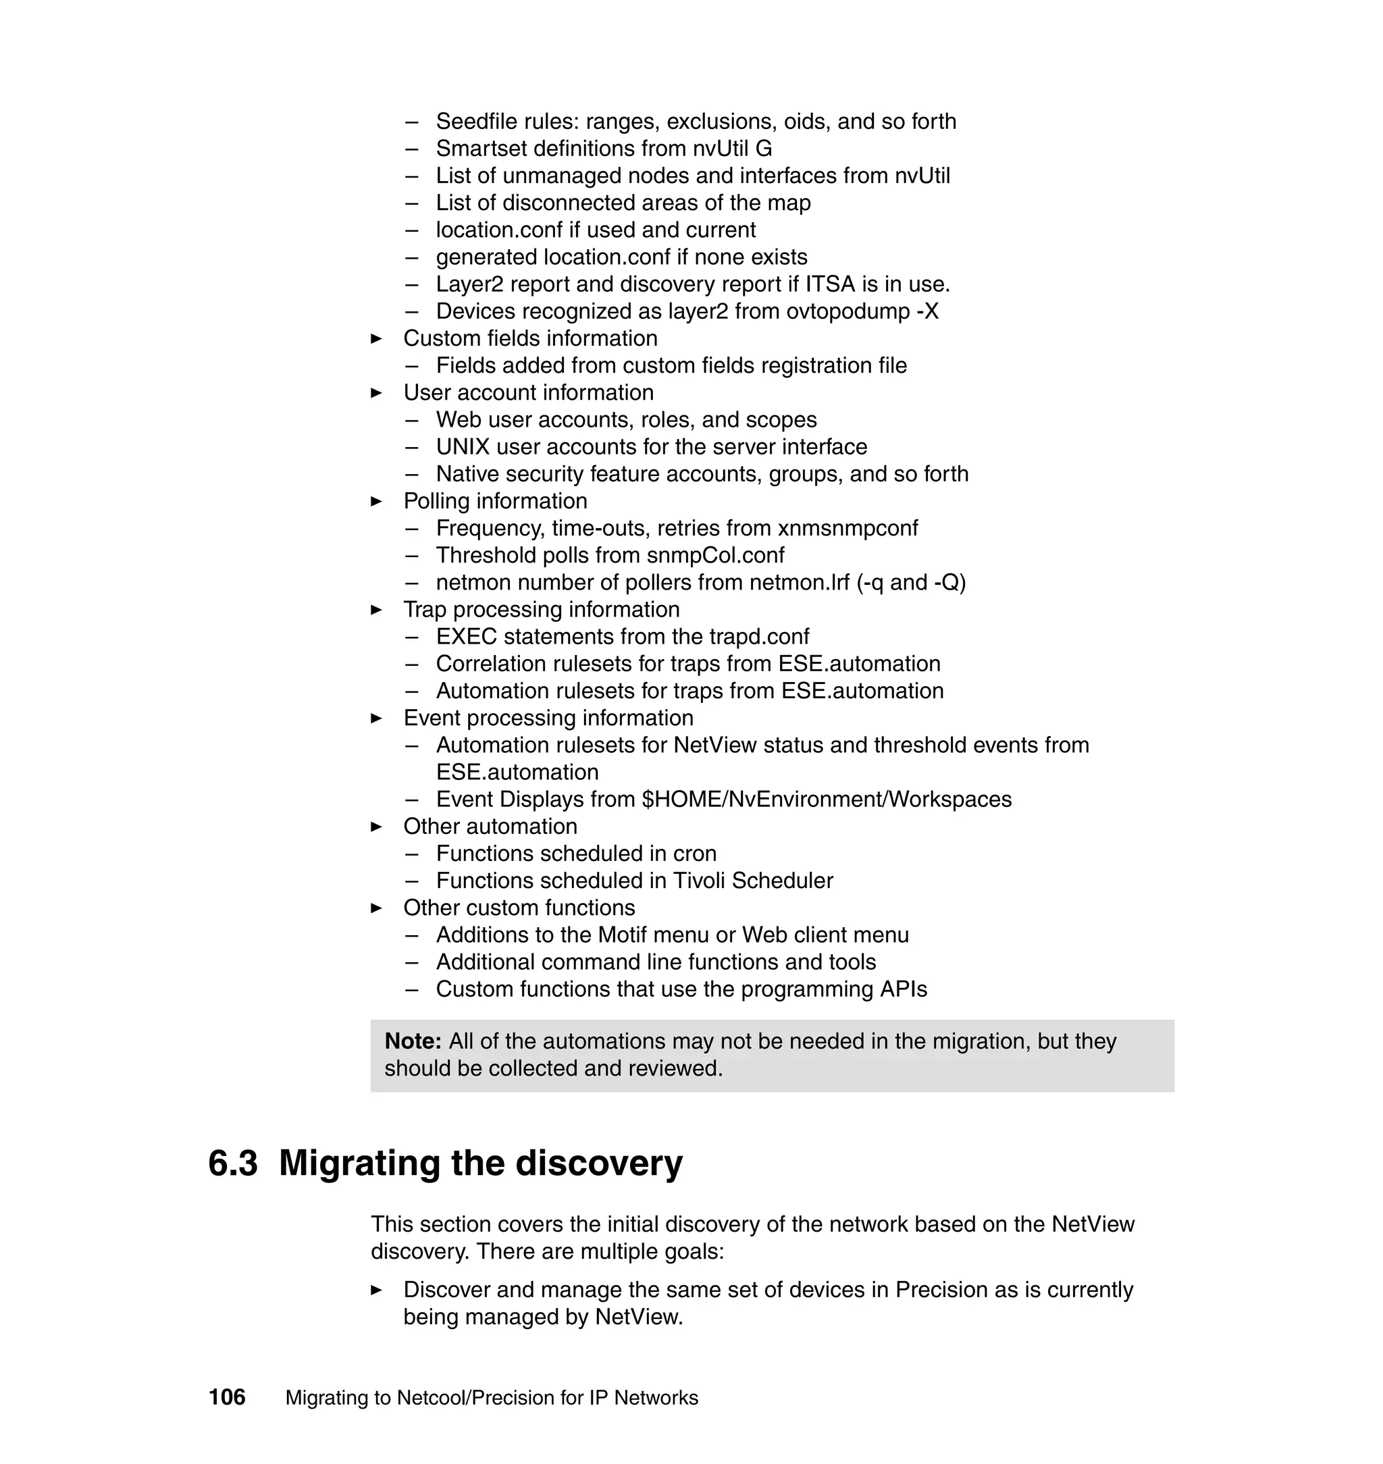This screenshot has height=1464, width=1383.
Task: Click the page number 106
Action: click(226, 1396)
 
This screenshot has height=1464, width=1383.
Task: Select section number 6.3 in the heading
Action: click(233, 1164)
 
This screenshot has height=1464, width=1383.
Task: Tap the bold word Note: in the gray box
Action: click(413, 1041)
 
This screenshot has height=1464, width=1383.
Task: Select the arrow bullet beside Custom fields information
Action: click(376, 338)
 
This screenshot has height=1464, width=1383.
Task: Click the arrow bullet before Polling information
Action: click(376, 501)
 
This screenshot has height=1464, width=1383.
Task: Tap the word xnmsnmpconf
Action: click(847, 528)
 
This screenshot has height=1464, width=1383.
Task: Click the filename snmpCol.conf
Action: click(715, 555)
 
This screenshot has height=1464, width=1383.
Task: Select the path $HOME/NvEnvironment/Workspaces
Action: click(827, 799)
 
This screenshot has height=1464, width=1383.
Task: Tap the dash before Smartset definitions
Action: click(411, 149)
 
